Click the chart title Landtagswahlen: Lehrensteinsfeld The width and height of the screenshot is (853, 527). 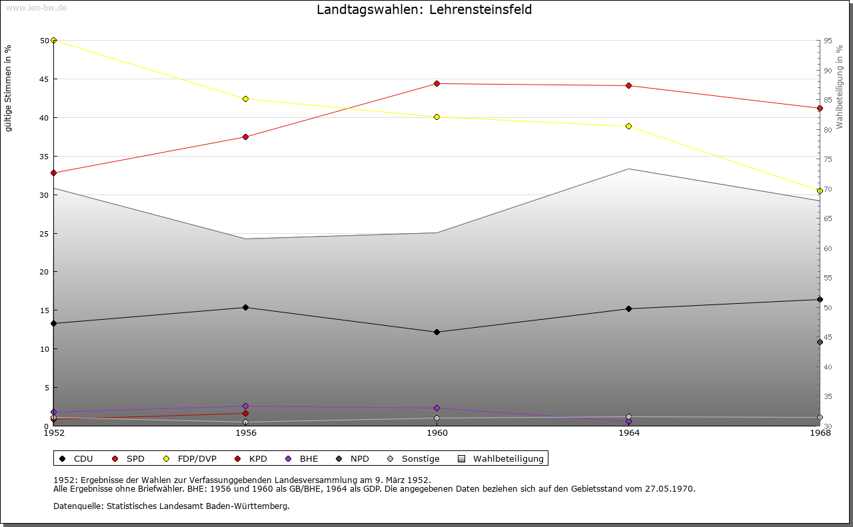(424, 10)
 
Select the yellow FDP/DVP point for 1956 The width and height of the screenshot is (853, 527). (245, 99)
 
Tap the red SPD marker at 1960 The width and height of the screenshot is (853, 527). (436, 83)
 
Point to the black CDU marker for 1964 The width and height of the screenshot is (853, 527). (628, 308)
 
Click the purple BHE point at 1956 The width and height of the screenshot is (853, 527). (245, 406)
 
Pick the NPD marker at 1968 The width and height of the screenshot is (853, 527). (820, 342)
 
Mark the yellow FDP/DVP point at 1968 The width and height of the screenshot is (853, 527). (820, 191)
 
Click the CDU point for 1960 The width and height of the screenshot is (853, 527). (436, 332)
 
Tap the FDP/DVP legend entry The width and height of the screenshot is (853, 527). (190, 458)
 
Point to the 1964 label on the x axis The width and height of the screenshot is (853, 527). (628, 433)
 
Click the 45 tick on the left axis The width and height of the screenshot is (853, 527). (44, 79)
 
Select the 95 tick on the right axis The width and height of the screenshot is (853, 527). (827, 41)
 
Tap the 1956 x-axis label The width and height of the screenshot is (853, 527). (245, 433)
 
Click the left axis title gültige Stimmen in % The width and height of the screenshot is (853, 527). (9, 89)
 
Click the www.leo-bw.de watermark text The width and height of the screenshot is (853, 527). (35, 7)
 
